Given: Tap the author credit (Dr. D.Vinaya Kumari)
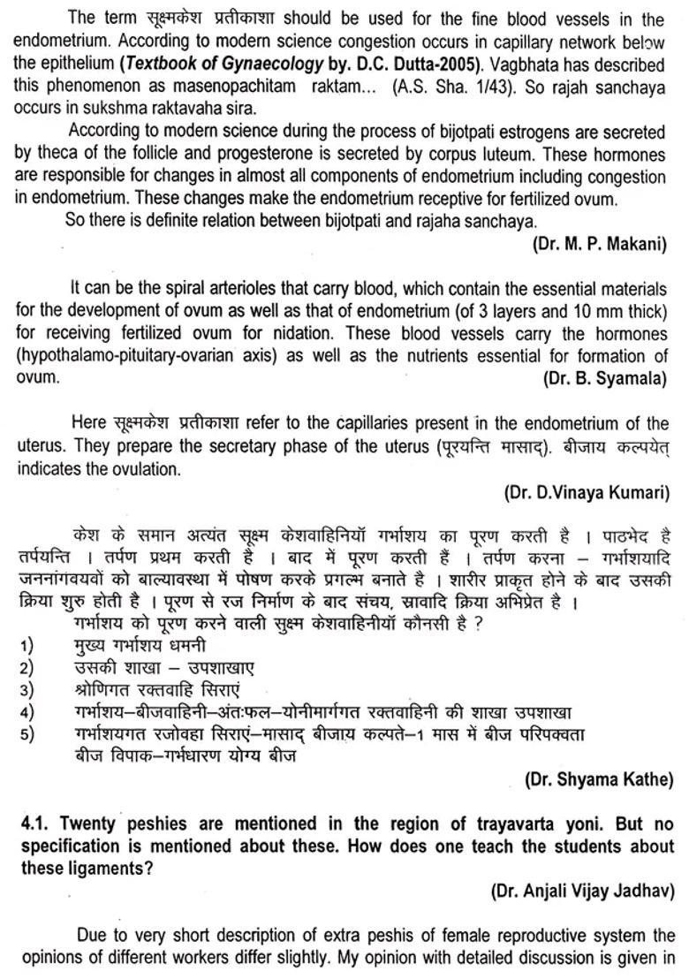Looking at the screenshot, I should click(x=587, y=492).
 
